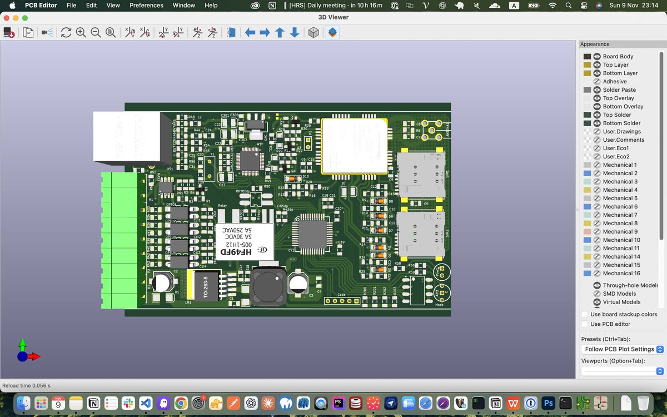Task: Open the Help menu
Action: tap(211, 5)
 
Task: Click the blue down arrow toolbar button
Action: tap(295, 33)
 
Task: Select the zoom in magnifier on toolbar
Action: tap(81, 33)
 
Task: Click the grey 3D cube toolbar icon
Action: tap(313, 33)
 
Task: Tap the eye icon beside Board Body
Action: tap(597, 57)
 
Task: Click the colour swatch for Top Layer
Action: tap(587, 65)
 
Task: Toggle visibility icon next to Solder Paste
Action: tap(597, 90)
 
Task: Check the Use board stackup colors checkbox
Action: tap(585, 315)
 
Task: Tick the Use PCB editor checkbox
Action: tap(585, 324)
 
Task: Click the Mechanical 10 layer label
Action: tap(621, 240)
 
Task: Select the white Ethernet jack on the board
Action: tap(127, 136)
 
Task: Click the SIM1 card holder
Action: tap(421, 175)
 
